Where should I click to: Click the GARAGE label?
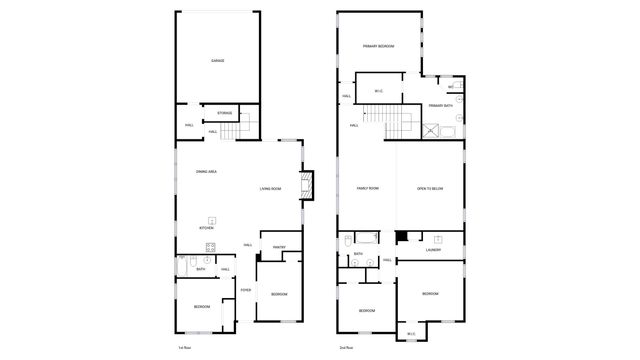click(217, 61)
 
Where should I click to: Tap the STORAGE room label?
click(225, 113)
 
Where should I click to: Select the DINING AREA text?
click(207, 172)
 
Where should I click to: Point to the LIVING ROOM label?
click(270, 189)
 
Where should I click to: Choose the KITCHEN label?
click(207, 229)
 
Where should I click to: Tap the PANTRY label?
click(279, 247)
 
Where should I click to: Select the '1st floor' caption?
click(184, 346)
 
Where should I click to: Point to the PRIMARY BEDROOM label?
click(378, 46)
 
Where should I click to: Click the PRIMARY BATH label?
click(442, 105)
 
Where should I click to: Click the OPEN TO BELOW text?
click(430, 189)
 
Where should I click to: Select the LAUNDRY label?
click(432, 250)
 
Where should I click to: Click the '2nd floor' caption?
click(345, 346)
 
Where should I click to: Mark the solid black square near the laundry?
click(401, 237)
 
